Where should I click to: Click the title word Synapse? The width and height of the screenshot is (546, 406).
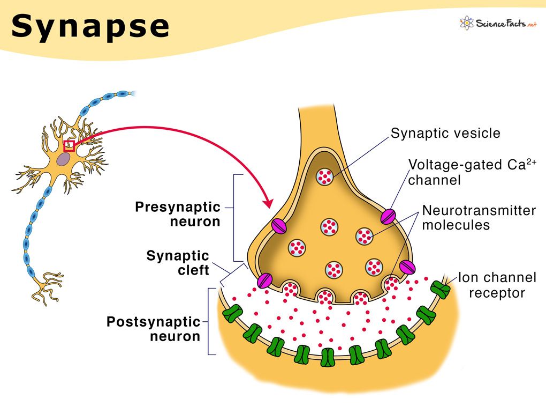tap(90, 26)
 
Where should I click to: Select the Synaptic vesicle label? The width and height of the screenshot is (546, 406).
tap(445, 133)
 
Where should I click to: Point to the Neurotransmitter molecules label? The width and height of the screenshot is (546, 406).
tap(479, 218)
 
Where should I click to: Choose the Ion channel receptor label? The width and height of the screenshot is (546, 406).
tap(497, 285)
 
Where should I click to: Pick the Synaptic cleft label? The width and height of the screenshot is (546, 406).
tap(178, 263)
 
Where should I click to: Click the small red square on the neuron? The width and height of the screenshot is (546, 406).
tap(69, 145)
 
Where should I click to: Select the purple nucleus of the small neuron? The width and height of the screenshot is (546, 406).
tap(64, 158)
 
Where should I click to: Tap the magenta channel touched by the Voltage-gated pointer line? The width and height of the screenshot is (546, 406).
tap(388, 216)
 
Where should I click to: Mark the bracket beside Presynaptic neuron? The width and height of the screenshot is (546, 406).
tap(236, 217)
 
